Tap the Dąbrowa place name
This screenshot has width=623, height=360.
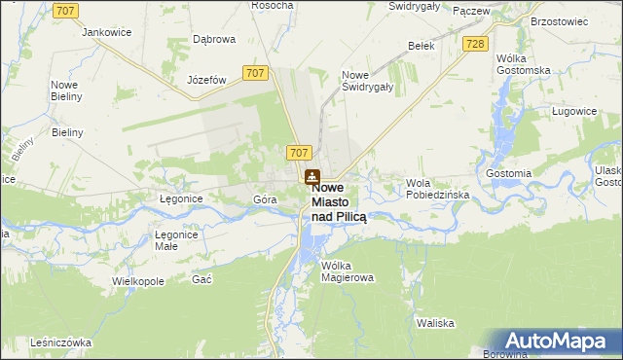[214, 40]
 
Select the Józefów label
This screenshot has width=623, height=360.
[206, 80]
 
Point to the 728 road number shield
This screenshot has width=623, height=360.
[475, 45]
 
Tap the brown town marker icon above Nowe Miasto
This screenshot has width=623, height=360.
[311, 177]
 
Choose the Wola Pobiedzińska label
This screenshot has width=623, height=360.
[438, 189]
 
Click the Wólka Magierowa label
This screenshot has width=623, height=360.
[347, 270]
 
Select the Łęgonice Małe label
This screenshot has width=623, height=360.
[177, 240]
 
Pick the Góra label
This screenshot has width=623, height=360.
[265, 199]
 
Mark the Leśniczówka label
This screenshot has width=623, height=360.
[60, 342]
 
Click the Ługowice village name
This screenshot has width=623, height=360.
[573, 112]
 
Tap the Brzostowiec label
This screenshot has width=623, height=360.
[558, 19]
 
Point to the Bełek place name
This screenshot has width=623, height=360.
[421, 46]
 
